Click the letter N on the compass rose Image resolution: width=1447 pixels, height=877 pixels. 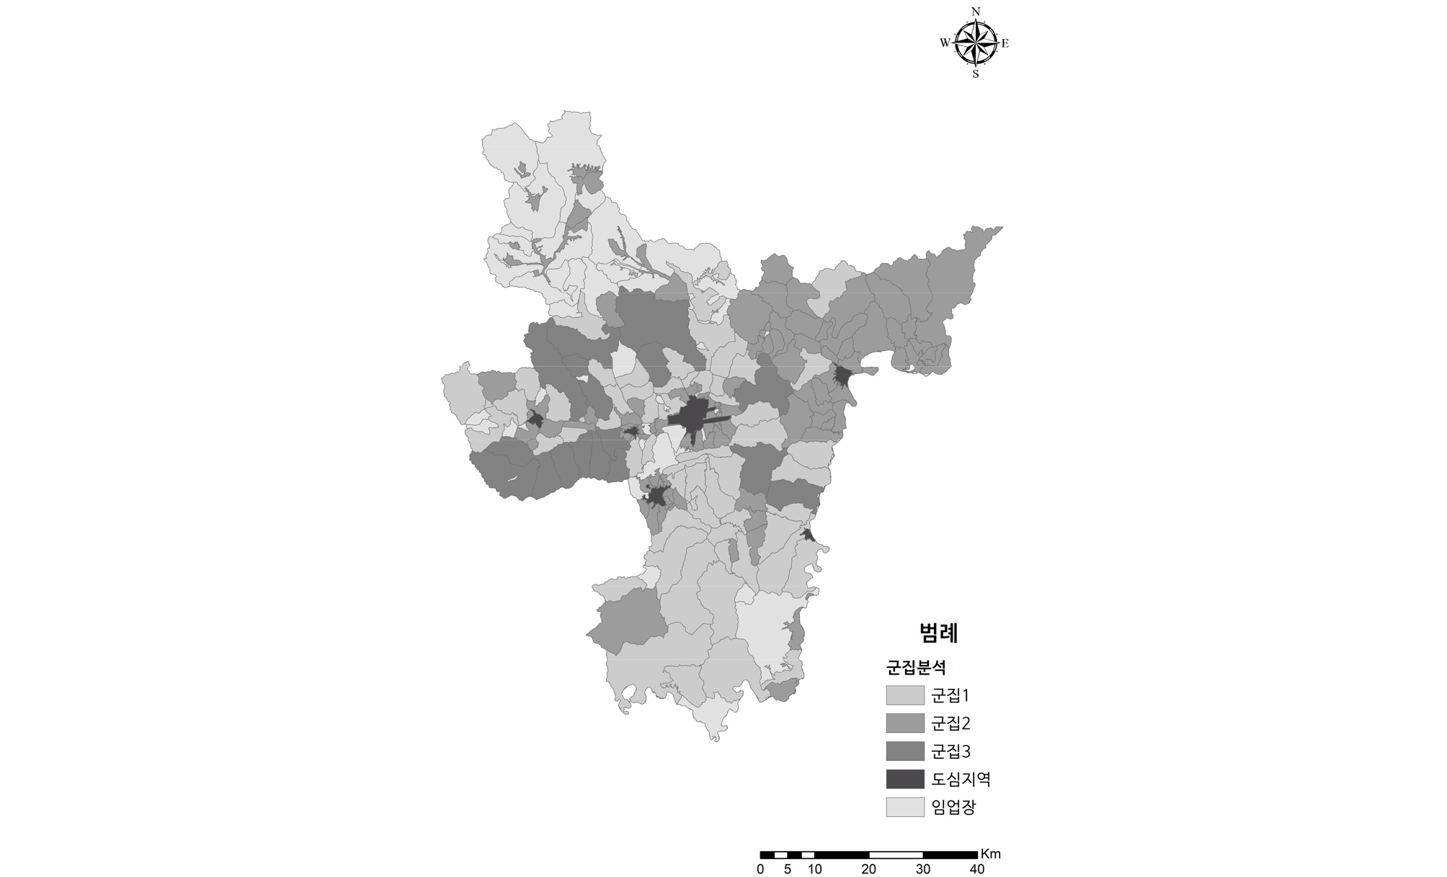(x=976, y=12)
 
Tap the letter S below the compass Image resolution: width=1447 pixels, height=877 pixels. (x=976, y=74)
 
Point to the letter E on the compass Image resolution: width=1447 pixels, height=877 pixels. (x=1005, y=43)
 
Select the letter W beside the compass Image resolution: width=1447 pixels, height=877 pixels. (x=945, y=43)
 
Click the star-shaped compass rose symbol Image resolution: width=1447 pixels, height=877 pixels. (x=976, y=43)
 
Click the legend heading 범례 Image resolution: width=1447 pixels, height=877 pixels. (x=938, y=633)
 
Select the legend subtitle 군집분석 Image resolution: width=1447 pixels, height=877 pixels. (x=916, y=667)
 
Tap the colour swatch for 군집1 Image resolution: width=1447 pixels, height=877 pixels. (x=905, y=695)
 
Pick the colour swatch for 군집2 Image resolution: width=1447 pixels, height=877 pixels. (x=905, y=724)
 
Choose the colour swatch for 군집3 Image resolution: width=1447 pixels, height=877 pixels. (x=905, y=752)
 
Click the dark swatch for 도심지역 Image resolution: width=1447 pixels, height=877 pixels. (x=905, y=779)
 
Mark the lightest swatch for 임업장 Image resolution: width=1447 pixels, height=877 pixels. (x=905, y=807)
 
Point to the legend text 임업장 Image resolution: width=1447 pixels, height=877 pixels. (x=953, y=807)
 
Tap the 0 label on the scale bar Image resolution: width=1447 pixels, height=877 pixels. (x=760, y=869)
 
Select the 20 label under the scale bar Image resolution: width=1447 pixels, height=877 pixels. (x=869, y=869)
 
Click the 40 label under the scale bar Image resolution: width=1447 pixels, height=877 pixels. (x=977, y=869)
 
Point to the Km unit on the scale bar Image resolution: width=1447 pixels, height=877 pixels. (x=991, y=854)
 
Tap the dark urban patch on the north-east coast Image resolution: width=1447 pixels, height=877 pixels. (x=842, y=376)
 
